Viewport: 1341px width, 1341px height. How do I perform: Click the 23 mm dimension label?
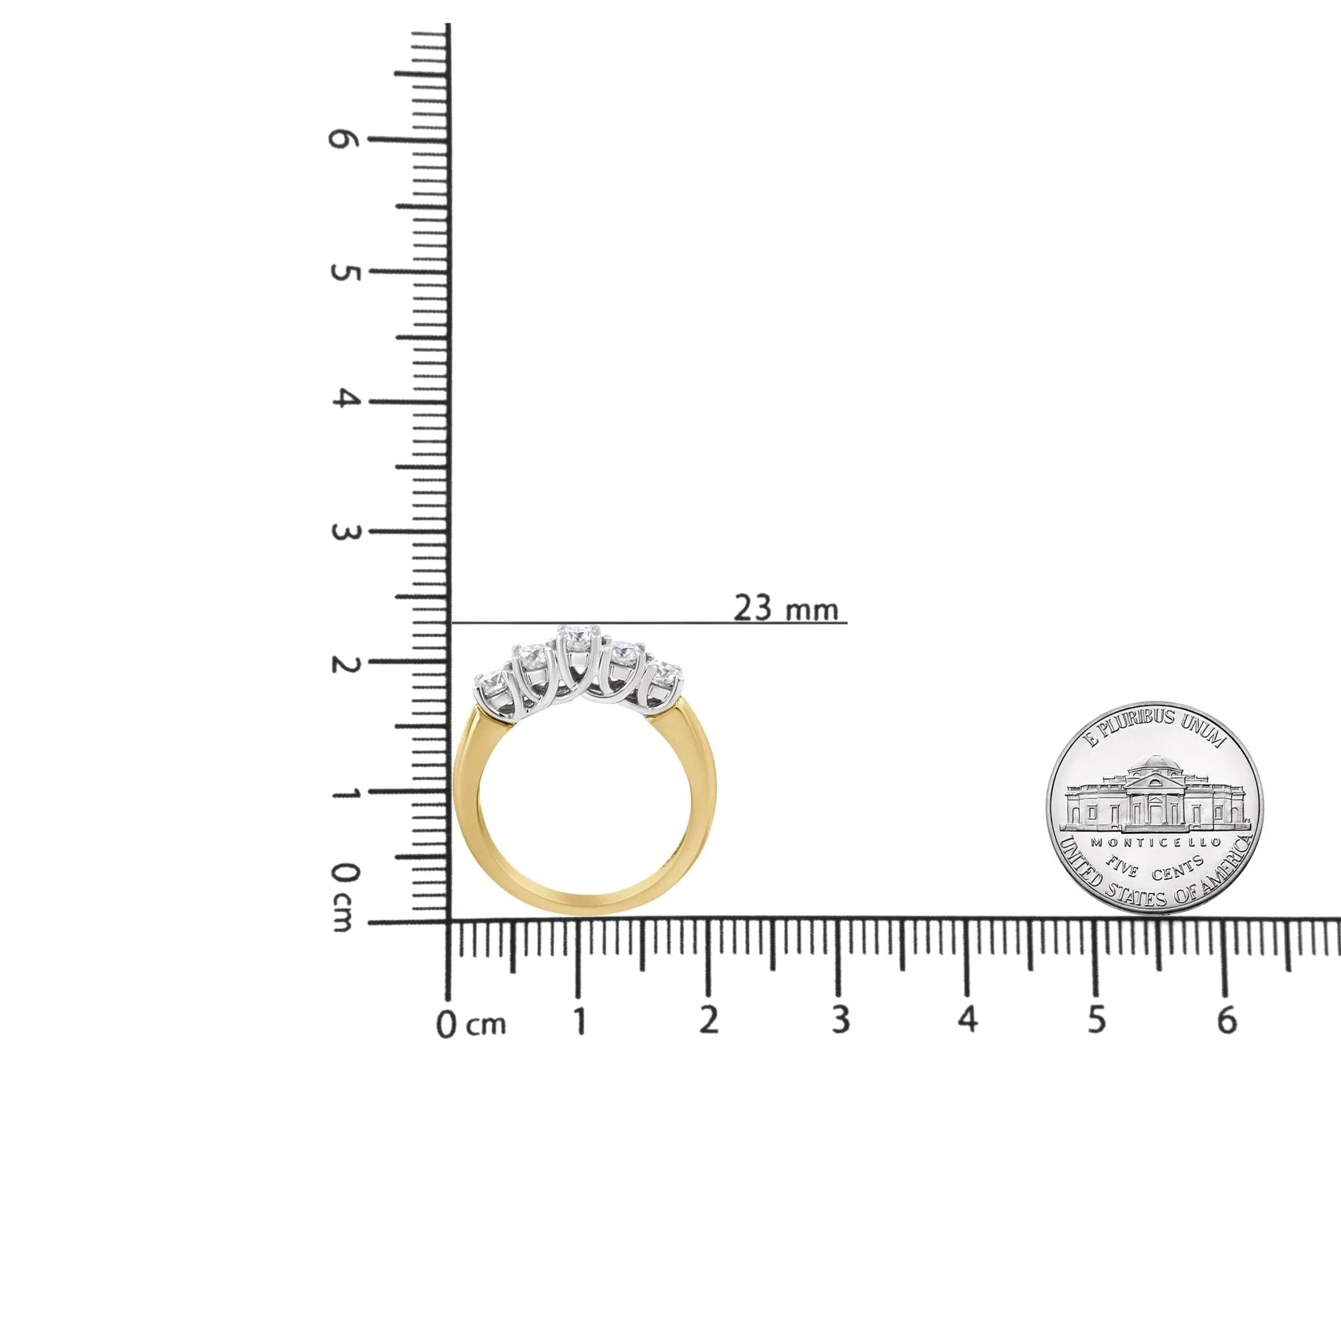[x=785, y=609]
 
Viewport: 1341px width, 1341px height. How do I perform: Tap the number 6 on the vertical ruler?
[x=342, y=139]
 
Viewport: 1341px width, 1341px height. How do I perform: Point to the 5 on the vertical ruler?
[x=342, y=272]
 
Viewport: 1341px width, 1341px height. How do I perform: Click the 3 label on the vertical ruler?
[x=342, y=533]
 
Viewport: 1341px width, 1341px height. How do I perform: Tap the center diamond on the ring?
[x=575, y=637]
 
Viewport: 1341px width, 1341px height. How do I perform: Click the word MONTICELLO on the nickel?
[x=1155, y=842]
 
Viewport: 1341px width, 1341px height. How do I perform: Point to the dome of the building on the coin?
[x=1155, y=765]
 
